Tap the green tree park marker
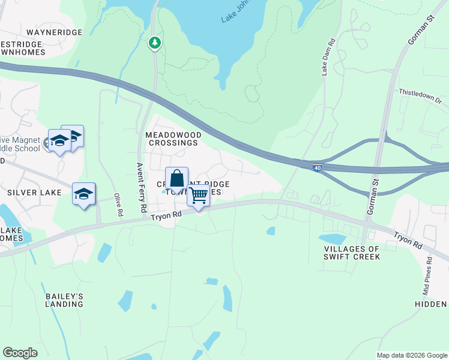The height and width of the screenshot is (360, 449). pos(155,43)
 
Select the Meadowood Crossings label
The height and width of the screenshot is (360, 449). pos(172,139)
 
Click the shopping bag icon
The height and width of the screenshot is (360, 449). pos(176,179)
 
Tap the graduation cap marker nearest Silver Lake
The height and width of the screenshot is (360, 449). pos(84,194)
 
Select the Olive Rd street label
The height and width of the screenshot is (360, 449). pos(118,205)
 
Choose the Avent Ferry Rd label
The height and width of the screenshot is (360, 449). pos(142,188)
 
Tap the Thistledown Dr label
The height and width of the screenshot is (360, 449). pos(420,97)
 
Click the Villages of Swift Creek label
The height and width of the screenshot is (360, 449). pos(352,253)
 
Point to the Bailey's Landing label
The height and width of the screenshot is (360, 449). pos(64,300)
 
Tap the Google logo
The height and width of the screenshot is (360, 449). pos(20,353)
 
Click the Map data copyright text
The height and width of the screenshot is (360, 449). pos(411,355)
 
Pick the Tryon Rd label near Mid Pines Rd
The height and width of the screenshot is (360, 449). pos(409,240)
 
